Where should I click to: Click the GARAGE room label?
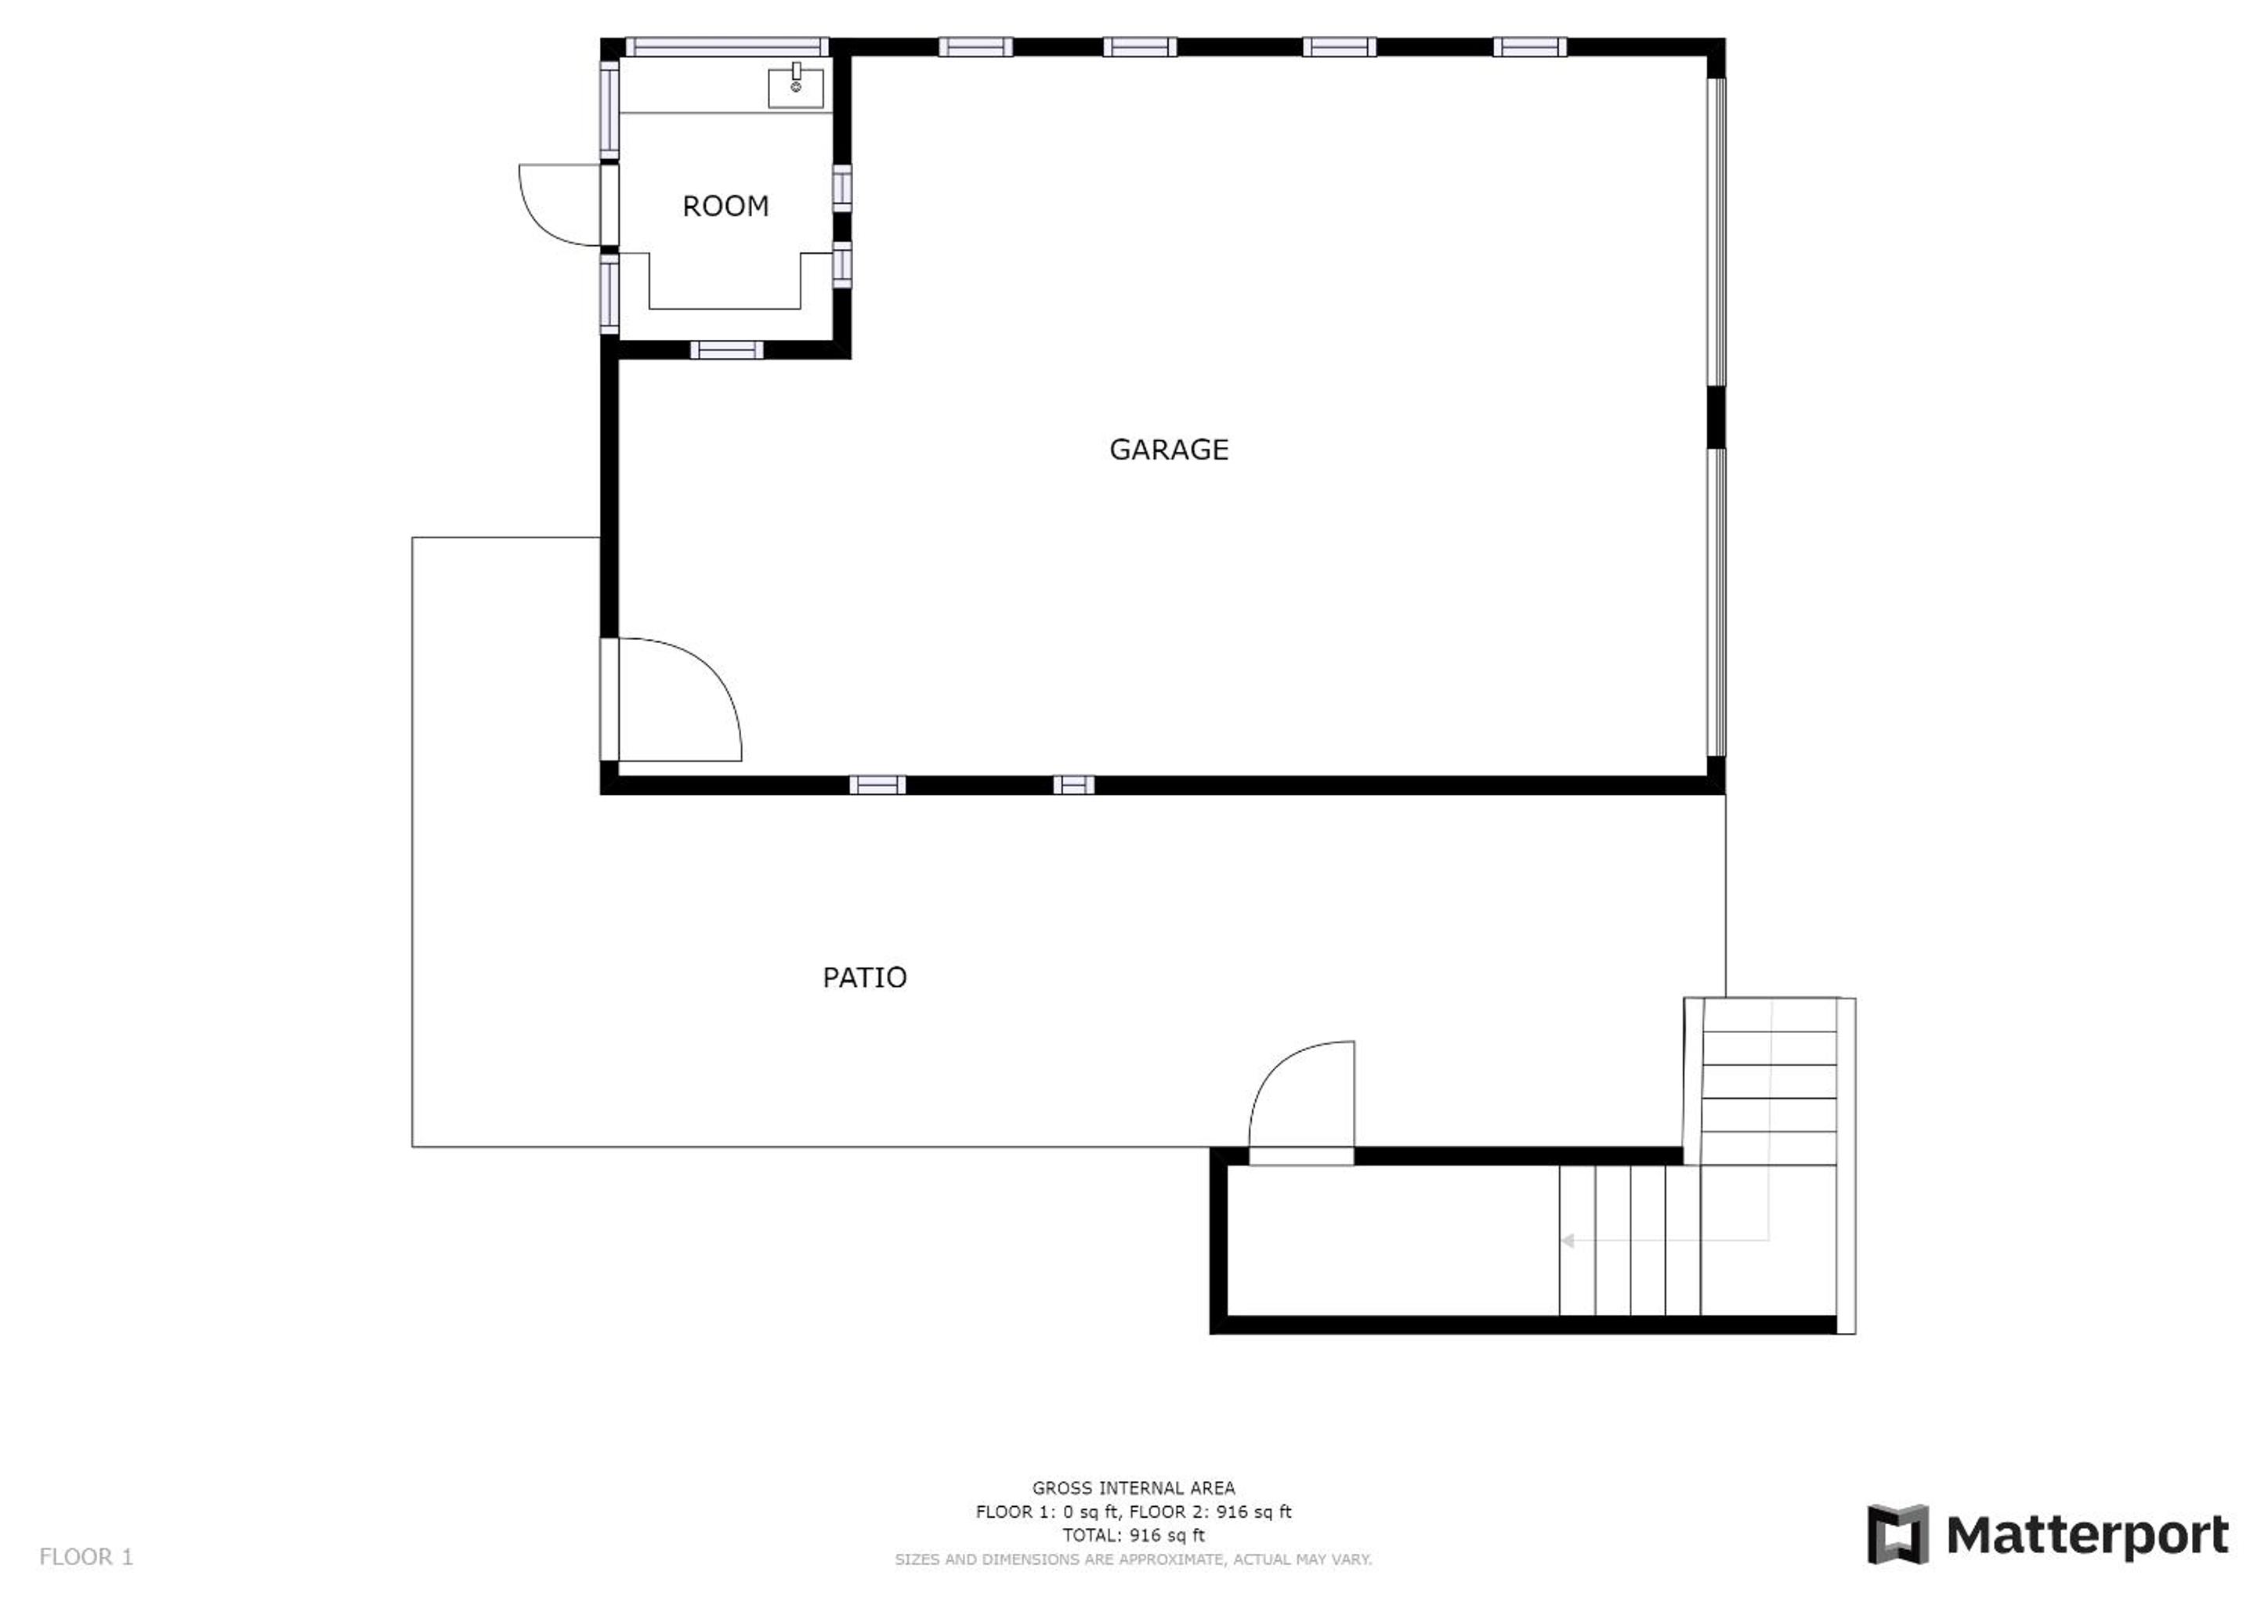[1169, 450]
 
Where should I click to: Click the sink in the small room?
[796, 87]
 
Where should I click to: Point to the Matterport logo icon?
[1897, 1534]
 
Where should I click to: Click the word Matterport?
[2087, 1536]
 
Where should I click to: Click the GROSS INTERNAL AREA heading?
[1133, 1487]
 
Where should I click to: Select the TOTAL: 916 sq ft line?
[1133, 1535]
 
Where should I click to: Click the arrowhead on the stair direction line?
[1567, 1241]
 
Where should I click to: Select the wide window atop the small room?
[727, 46]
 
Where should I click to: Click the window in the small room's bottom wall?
[726, 349]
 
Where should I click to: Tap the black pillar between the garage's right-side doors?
[1716, 417]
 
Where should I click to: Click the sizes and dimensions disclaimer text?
[1133, 1559]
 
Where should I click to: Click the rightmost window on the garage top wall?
[1529, 46]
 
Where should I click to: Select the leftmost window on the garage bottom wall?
[877, 786]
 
